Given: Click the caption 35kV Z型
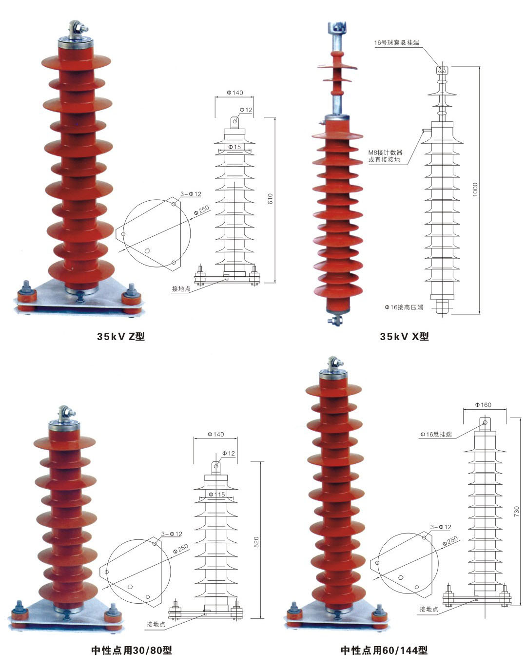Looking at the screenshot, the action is coord(120,337).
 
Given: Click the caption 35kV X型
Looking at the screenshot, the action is coord(404,337).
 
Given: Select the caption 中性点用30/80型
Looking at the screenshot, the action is coord(132,650).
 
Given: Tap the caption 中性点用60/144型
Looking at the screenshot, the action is coord(384,650).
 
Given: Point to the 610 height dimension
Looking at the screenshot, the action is coord(271,199).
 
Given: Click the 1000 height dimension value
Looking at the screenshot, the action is coord(475,190).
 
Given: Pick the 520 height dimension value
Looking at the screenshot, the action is coord(256,542).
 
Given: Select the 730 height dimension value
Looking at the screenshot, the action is coord(516,511).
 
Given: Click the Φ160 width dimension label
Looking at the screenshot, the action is coord(484,405).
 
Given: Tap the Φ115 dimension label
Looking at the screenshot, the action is coord(217,495).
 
